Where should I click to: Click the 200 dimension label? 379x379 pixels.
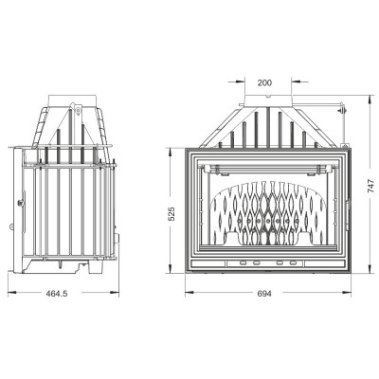click(264, 83)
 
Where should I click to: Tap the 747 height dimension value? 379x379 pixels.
click(371, 186)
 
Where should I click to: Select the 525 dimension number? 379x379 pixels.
click(171, 214)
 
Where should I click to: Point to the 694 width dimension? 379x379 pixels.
click(264, 294)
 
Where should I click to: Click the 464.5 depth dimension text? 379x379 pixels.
click(57, 294)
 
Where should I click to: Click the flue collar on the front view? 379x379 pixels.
click(268, 99)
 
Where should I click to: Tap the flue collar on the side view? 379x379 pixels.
click(72, 100)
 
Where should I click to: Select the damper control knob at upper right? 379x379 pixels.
click(341, 111)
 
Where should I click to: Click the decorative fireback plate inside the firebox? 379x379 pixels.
click(268, 214)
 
